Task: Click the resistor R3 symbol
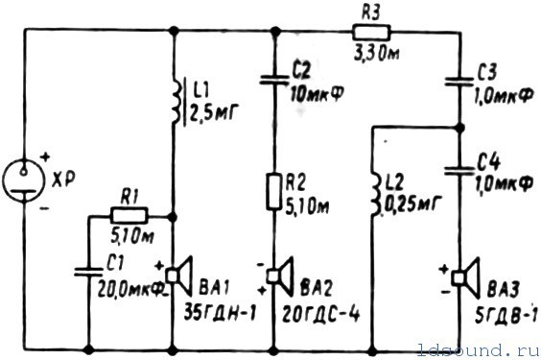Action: coord(371,33)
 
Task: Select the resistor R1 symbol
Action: coord(129,216)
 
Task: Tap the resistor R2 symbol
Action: coord(274,192)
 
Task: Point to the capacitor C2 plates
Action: coord(274,80)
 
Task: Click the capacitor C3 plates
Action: coord(459,82)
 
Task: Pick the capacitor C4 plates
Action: coord(459,170)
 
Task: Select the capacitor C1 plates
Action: coord(88,272)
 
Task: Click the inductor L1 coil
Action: coord(176,103)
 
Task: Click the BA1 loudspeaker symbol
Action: coord(179,276)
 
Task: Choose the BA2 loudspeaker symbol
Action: coord(281,276)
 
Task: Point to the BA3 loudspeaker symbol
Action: coord(466,277)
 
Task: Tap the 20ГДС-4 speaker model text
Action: coord(321,315)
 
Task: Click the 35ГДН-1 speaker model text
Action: coord(220,313)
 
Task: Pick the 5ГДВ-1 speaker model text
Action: coord(506,315)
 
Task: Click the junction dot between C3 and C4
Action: coord(459,128)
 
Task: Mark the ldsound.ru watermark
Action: coord(478,349)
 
